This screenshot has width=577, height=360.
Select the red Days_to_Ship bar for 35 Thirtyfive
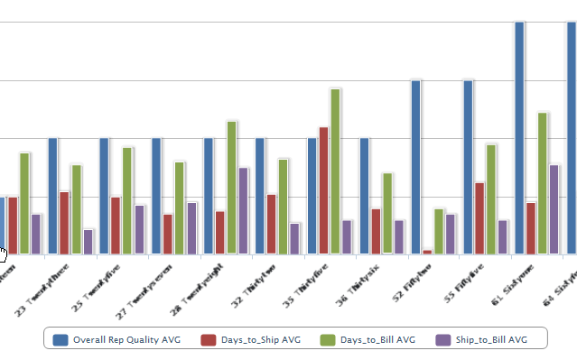coord(323,190)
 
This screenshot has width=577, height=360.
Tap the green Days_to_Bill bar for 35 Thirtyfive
coord(335,171)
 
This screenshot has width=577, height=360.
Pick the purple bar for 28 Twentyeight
coord(243,210)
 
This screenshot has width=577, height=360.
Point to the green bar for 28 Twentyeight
coord(231,187)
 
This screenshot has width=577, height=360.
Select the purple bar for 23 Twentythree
coord(88,241)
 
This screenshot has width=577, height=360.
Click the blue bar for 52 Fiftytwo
coord(415,167)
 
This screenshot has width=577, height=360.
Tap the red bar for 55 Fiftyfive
coord(479,217)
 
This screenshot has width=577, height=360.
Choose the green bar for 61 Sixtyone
coord(543,182)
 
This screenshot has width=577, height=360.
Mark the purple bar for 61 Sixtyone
coord(554,208)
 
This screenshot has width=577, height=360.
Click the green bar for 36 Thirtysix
coord(387,213)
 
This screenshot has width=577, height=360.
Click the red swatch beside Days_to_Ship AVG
coord(209,339)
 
